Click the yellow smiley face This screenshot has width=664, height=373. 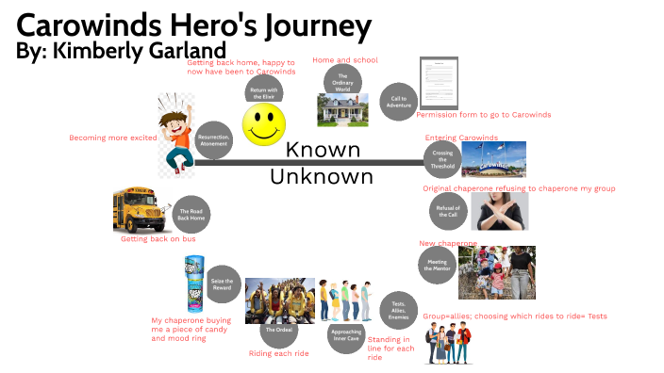coord(265,124)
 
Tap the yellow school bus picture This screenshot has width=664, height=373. coord(138,209)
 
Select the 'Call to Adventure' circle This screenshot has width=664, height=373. coord(397,102)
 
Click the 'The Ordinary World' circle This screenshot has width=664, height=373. coord(343,81)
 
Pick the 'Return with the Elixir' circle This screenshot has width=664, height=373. coord(264,91)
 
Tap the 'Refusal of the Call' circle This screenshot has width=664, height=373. coord(449,211)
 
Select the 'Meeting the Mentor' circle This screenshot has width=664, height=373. coord(437,266)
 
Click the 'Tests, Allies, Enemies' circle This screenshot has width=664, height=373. coord(397,310)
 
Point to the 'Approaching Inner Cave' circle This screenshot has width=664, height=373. coord(345,333)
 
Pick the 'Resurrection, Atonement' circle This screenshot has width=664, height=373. coord(214,140)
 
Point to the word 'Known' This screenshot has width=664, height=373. coord(323,151)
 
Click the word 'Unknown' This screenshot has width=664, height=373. coord(321,176)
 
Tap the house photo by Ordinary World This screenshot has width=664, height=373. coord(337,112)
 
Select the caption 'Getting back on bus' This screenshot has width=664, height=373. coord(158,239)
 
